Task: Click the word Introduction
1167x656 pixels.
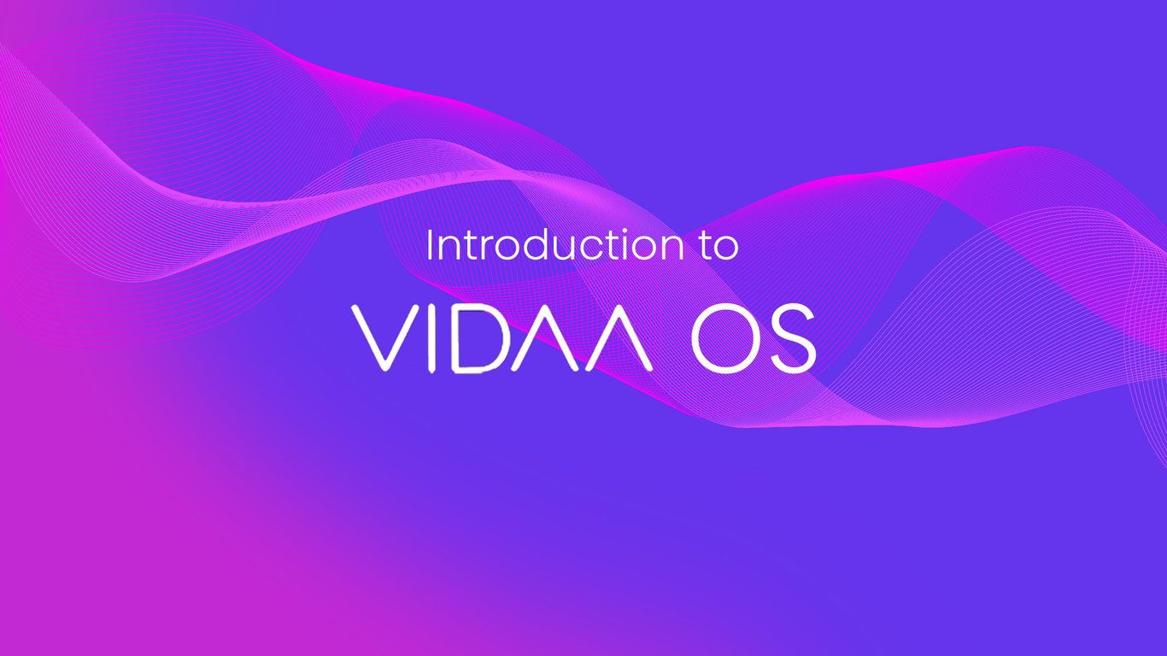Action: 554,245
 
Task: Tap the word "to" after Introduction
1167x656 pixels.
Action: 719,247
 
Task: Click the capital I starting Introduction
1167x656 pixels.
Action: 429,245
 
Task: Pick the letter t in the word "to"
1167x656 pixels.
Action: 707,247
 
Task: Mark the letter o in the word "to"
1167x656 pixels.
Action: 727,249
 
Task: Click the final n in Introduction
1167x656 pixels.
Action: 673,249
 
